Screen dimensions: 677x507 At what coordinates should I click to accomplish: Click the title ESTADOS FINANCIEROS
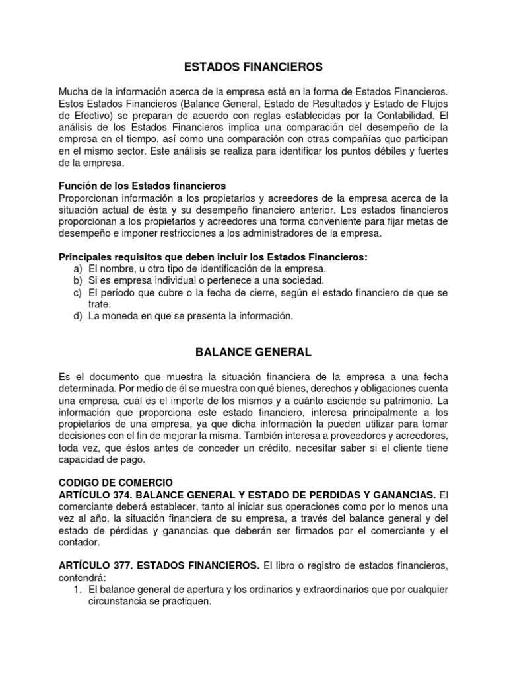coord(253,67)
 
